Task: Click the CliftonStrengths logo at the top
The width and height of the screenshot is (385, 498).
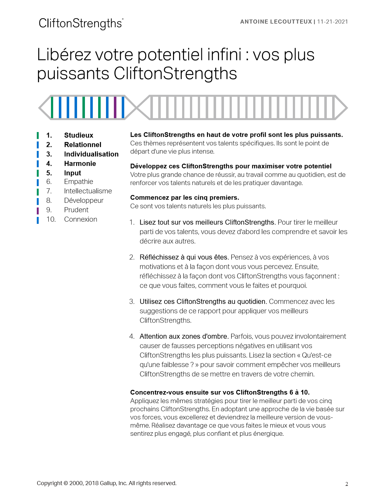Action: [81, 24]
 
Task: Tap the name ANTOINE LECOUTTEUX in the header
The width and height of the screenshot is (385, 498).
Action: [276, 22]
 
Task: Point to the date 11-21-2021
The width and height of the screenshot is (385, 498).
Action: [332, 22]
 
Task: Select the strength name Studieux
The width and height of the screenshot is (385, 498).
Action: [79, 135]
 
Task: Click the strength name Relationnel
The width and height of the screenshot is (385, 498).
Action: [83, 145]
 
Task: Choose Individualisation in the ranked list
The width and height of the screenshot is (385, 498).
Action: [91, 154]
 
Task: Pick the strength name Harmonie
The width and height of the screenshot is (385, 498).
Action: [80, 163]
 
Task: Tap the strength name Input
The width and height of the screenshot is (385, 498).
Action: [73, 173]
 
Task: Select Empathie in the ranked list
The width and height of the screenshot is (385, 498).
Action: [79, 181]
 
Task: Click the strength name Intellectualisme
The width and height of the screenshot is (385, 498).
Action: [88, 191]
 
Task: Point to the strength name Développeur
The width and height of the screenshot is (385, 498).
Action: [84, 200]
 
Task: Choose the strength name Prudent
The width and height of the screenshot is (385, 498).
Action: [76, 210]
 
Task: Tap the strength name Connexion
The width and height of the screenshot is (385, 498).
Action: [81, 219]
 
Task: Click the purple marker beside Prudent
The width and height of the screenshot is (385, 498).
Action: [38, 210]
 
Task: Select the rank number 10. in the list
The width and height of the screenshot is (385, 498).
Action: [51, 219]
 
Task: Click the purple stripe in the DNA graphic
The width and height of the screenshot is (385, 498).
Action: [115, 108]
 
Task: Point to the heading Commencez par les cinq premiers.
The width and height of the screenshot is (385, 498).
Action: [185, 197]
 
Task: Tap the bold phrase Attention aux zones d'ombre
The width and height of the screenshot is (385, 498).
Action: [184, 336]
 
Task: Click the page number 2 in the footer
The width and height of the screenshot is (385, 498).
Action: [347, 484]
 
